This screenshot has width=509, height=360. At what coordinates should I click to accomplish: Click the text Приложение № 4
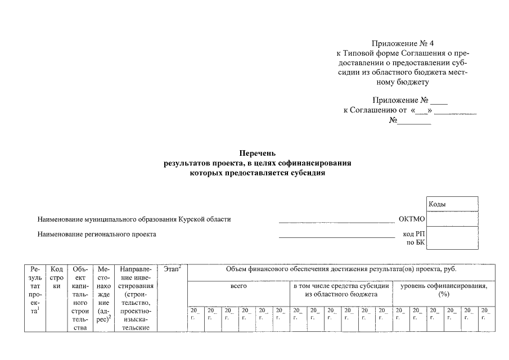[x=403, y=43]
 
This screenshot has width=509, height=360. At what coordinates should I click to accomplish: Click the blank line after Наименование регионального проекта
[x=337, y=236]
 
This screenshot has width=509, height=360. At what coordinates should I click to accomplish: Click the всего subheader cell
[x=239, y=286]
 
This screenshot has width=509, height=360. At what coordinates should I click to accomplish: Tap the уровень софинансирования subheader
[x=444, y=290]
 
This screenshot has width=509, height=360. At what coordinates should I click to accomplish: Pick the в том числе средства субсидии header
[x=341, y=290]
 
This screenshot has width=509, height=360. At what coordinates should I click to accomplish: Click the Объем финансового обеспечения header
[x=341, y=269]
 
